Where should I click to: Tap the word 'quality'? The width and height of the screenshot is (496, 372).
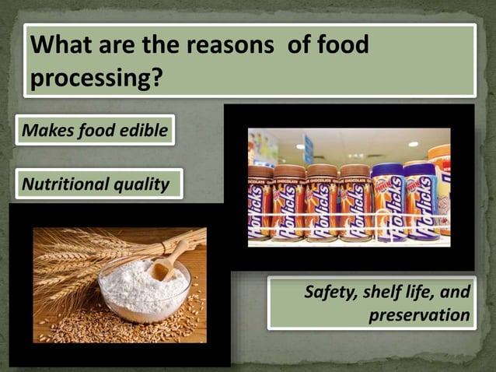pos(141,185)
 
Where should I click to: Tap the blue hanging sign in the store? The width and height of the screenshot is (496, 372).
pos(309,149)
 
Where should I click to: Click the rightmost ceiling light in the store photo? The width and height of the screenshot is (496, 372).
pos(413,144)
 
